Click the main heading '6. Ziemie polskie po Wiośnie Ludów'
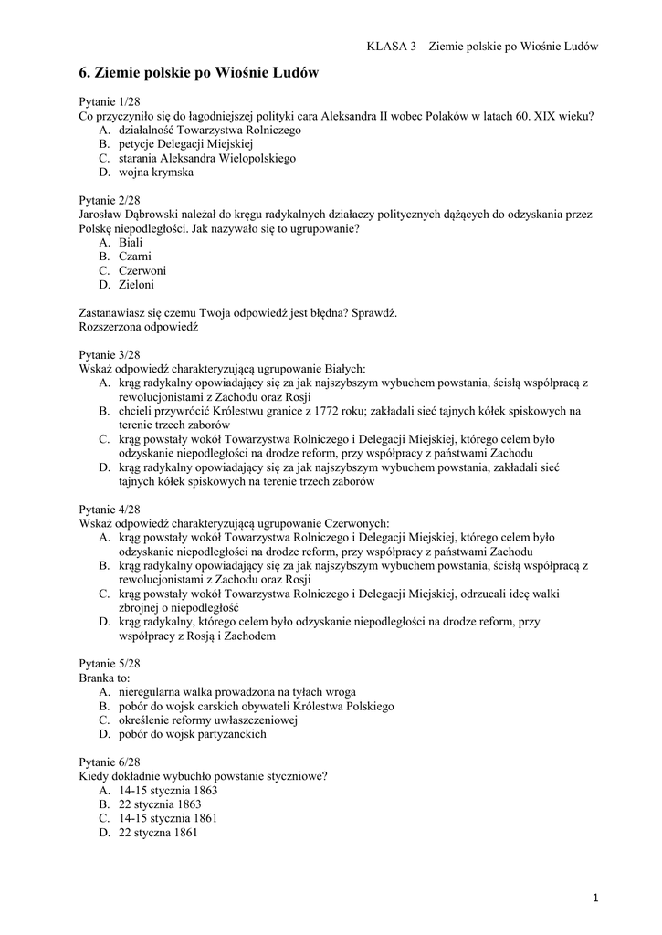click(x=198, y=72)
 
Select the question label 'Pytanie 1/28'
click(x=110, y=102)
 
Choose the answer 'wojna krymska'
click(x=155, y=172)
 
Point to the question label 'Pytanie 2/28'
click(x=110, y=200)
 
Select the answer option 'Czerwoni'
click(x=142, y=270)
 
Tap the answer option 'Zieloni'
click(x=137, y=284)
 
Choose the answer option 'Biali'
click(x=131, y=242)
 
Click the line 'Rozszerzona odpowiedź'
click(x=138, y=326)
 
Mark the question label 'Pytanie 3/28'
click(x=110, y=354)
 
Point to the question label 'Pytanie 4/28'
click(x=110, y=509)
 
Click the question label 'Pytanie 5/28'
click(x=110, y=664)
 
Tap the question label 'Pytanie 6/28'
click(x=110, y=762)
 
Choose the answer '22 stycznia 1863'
click(x=160, y=804)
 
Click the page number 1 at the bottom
click(x=595, y=899)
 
